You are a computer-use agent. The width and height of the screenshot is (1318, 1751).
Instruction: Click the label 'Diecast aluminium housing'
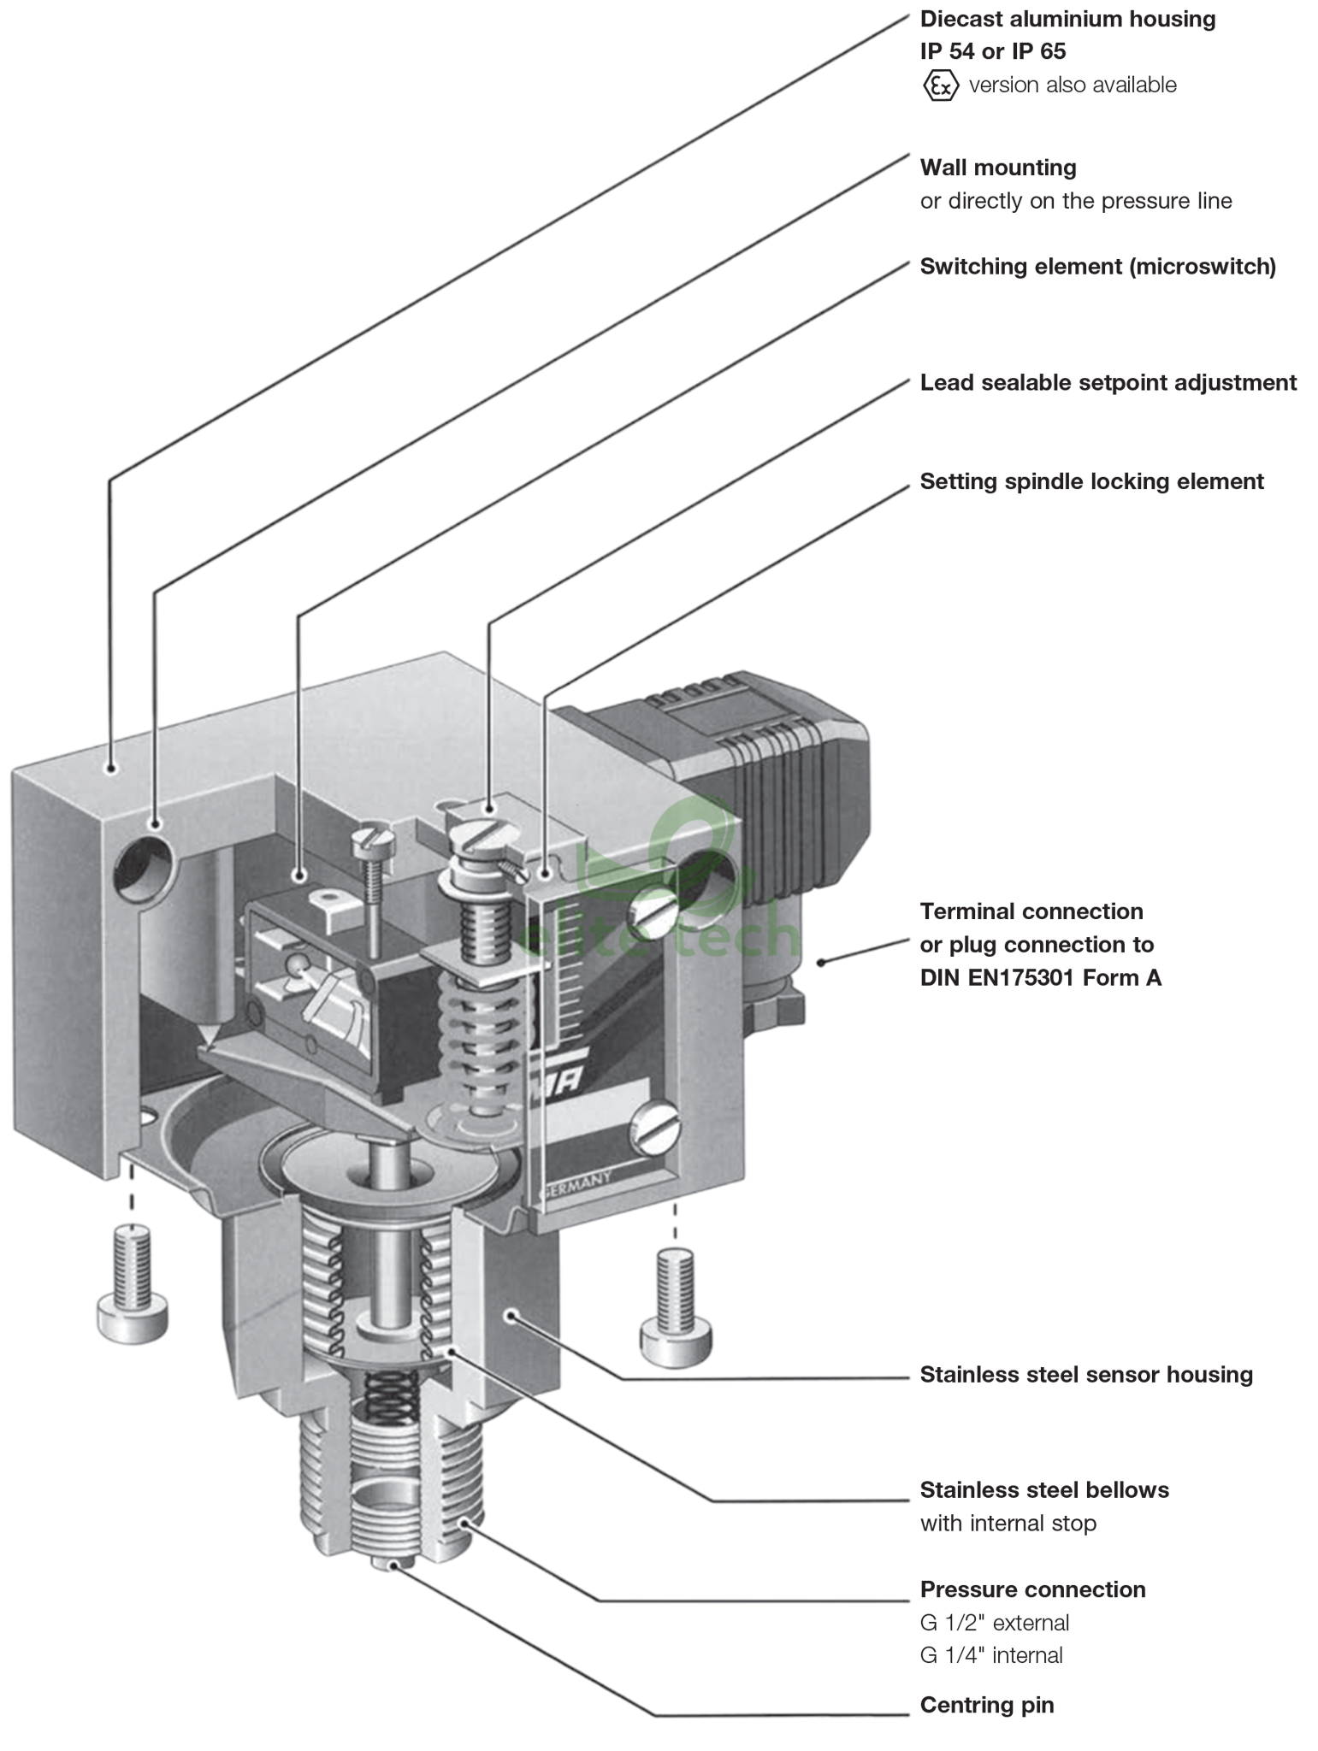point(1067,19)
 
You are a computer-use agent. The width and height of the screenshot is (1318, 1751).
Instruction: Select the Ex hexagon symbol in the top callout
point(940,85)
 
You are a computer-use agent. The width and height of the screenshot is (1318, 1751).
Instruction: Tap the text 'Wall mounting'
point(997,168)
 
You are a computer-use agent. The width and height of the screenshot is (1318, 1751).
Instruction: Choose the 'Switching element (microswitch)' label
point(1097,267)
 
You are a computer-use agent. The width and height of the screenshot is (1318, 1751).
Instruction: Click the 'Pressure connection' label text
point(1031,1589)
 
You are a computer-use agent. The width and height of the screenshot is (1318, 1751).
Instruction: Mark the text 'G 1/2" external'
point(994,1622)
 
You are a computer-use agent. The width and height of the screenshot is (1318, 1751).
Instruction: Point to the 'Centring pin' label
point(987,1704)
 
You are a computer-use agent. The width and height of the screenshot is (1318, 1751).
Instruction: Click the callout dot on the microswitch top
point(298,875)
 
